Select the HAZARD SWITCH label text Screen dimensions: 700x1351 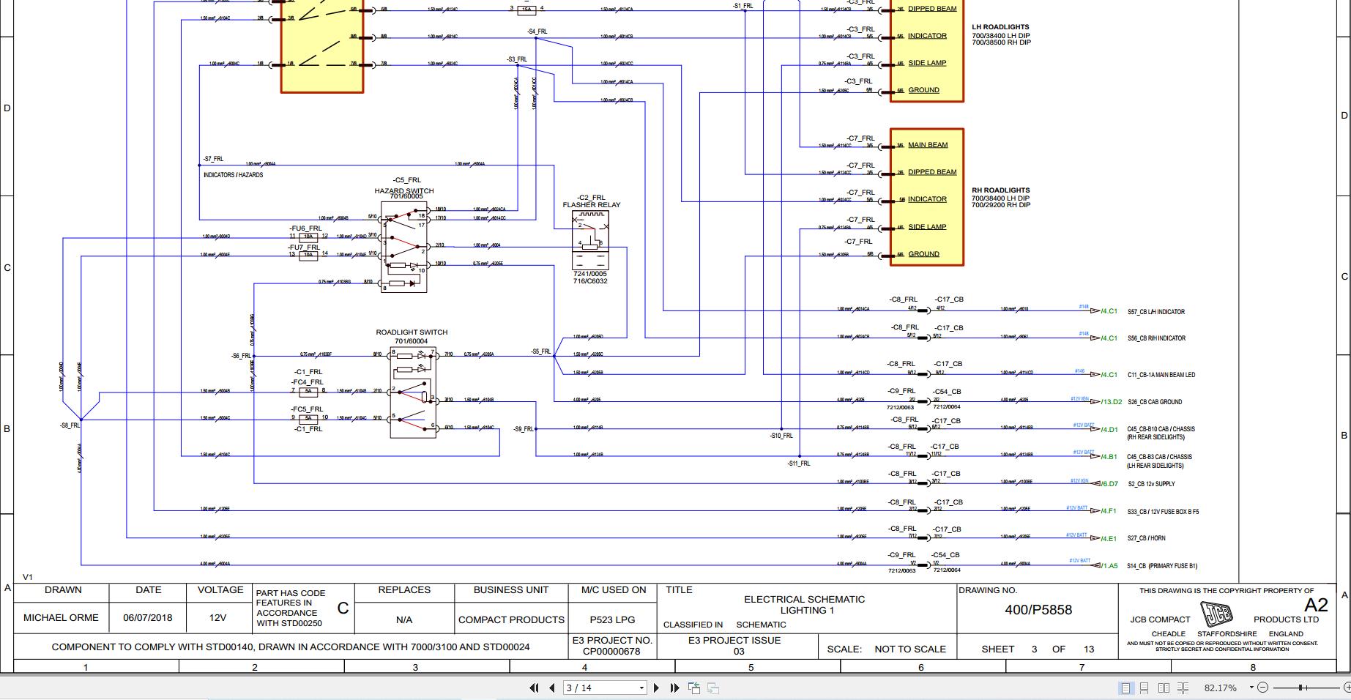404,190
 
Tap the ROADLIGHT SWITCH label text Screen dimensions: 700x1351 412,332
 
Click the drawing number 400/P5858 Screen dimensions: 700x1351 1038,610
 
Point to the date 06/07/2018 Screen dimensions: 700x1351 148,617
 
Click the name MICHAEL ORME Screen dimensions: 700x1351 61,617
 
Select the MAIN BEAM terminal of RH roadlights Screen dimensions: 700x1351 927,145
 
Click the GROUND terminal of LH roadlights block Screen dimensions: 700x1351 923,90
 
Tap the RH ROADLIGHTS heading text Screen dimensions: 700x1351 1000,190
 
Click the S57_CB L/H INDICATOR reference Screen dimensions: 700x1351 1156,312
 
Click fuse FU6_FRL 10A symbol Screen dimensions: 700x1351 308,237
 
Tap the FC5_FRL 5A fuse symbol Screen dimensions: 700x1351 308,418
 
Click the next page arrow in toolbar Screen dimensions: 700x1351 656,688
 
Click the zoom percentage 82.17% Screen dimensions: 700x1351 1220,688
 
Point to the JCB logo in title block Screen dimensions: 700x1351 1216,613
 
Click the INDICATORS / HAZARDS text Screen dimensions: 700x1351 233,175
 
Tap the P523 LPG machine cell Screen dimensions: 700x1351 613,619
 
